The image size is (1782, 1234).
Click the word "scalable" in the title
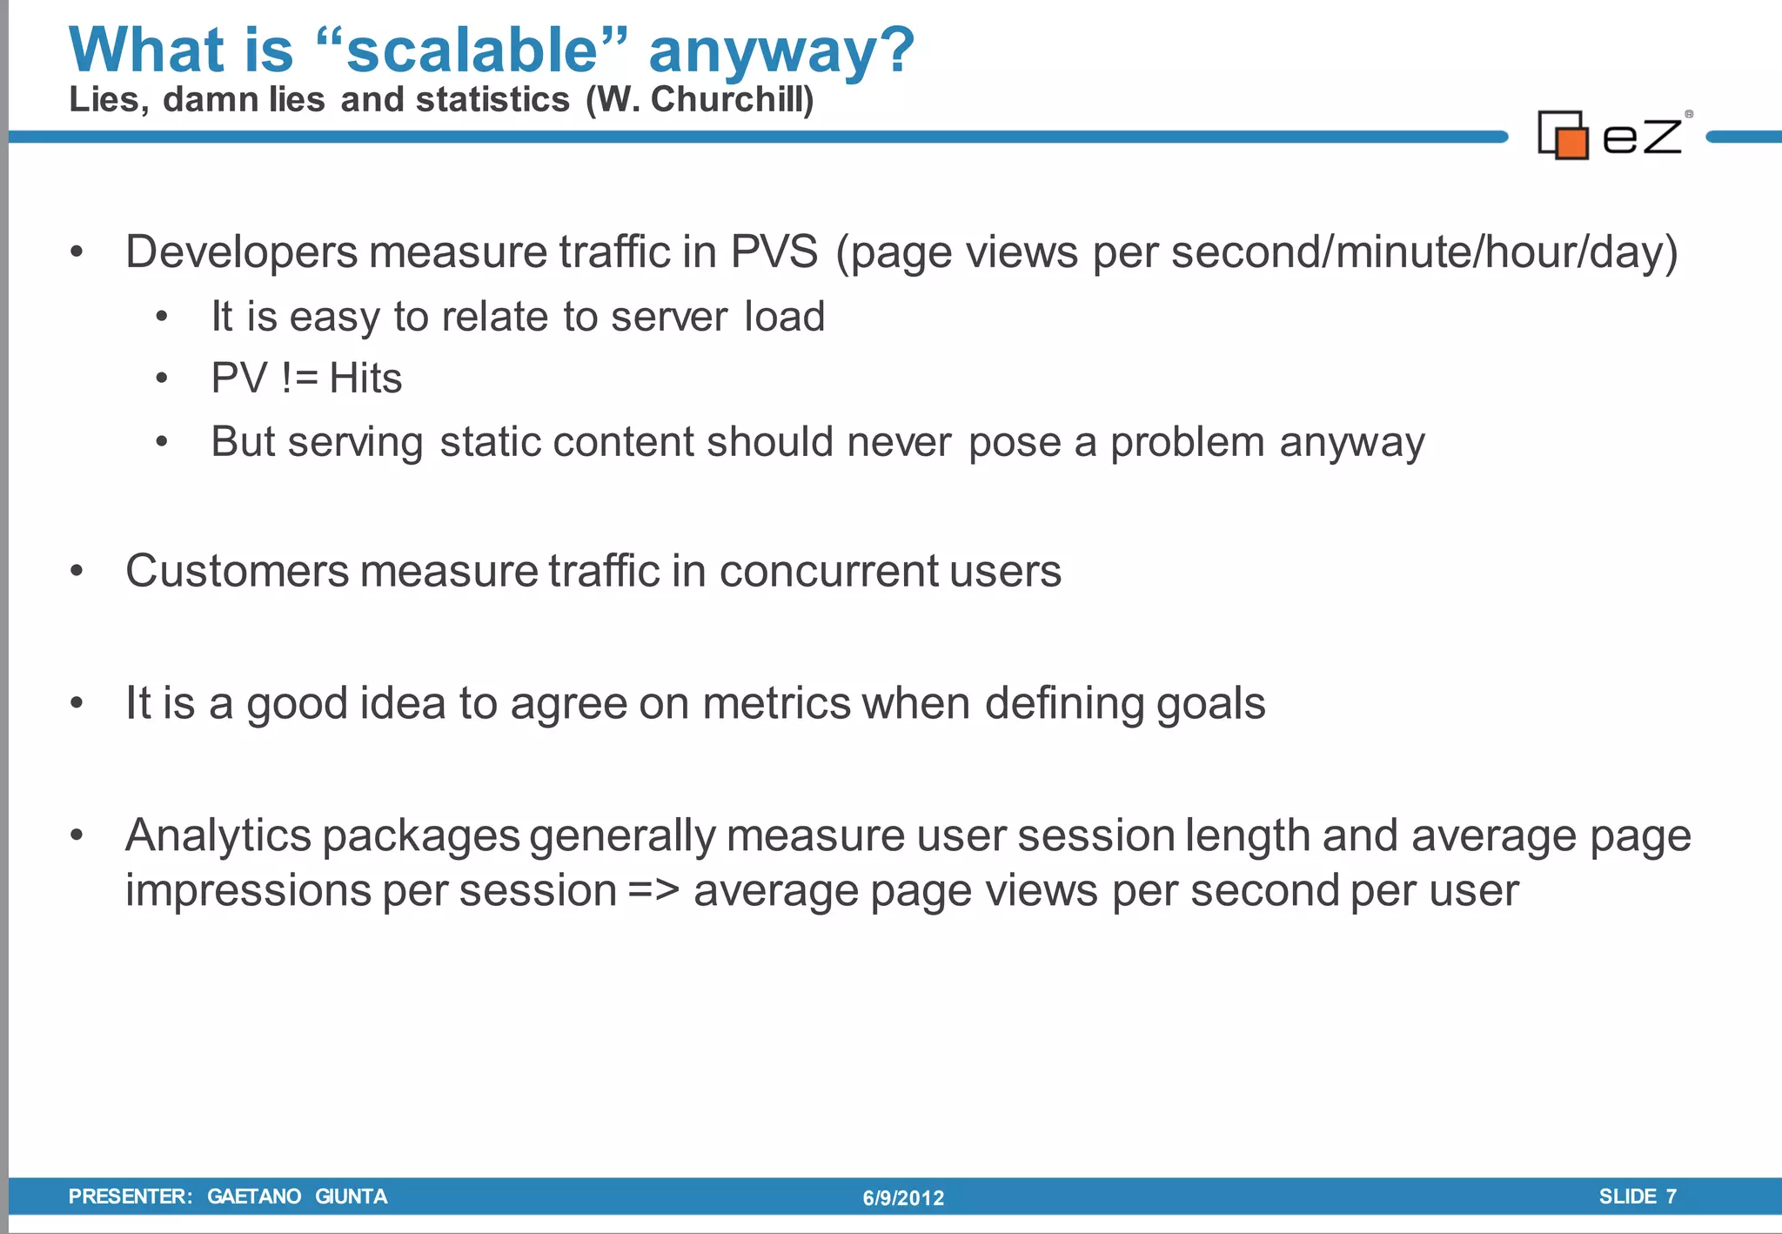472,50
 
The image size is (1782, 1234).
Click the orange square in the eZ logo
1571,143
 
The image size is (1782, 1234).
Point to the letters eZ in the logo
1642,137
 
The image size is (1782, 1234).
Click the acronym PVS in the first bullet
774,252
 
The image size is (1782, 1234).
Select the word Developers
241,252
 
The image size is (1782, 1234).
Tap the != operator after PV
300,379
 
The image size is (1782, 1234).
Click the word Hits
365,379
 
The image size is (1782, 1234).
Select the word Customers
237,572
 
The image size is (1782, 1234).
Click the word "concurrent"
828,572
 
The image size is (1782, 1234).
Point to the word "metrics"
776,703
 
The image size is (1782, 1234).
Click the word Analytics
218,836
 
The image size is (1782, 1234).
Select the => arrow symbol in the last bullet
653,891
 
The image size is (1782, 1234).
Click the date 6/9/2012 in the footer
903,1198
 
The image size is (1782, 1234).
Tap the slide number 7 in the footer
1671,1197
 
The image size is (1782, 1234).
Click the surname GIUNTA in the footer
351,1197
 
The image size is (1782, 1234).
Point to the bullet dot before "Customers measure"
77,572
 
